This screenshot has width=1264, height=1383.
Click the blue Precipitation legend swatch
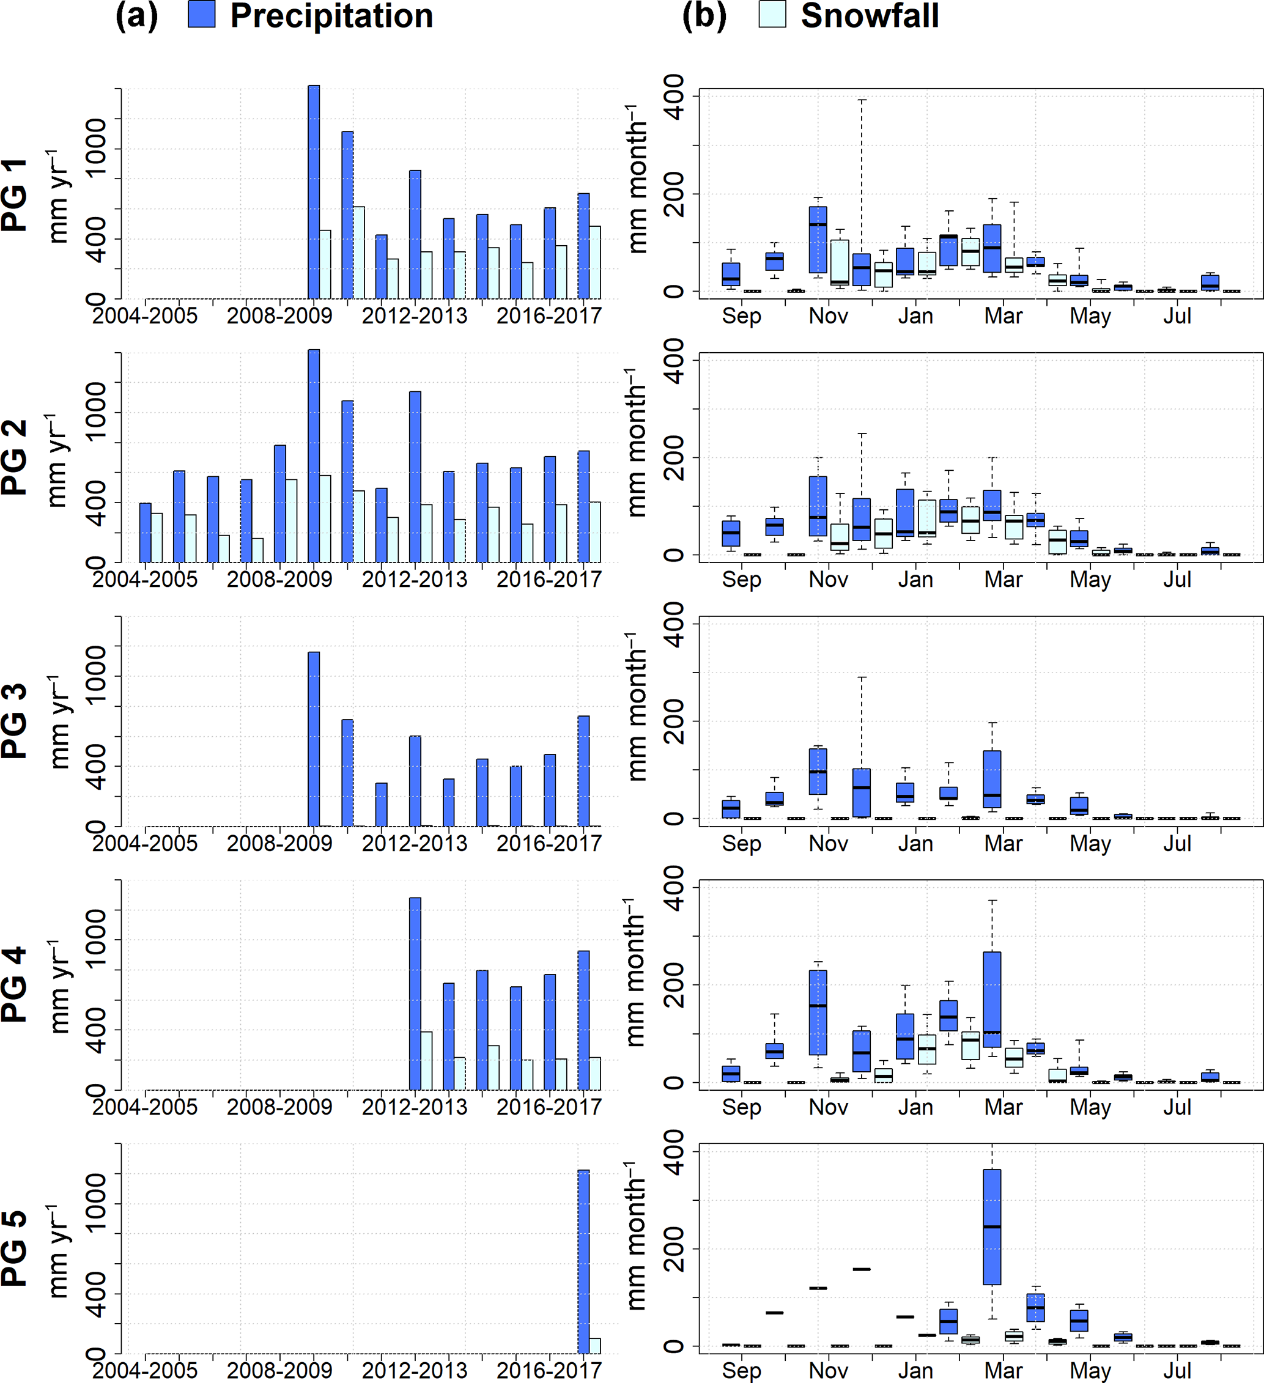click(202, 15)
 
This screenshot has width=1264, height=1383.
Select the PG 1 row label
click(15, 195)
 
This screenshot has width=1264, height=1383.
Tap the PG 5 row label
click(15, 1248)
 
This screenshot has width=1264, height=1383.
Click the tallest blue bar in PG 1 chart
click(314, 192)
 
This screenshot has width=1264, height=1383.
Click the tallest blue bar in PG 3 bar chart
click(314, 739)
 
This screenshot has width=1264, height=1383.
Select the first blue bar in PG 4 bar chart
click(415, 994)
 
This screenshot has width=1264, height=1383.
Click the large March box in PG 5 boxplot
click(992, 1226)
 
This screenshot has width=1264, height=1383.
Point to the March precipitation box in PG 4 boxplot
click(992, 999)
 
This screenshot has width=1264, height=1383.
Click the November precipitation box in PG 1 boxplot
click(818, 240)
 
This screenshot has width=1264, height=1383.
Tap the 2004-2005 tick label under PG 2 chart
click(145, 580)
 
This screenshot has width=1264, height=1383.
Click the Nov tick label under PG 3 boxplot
click(828, 843)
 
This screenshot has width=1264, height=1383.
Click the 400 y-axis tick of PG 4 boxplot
click(675, 888)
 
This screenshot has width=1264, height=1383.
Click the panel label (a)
click(136, 15)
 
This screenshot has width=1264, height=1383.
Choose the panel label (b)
click(704, 15)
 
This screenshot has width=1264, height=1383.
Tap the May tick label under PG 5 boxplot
click(1090, 1370)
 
